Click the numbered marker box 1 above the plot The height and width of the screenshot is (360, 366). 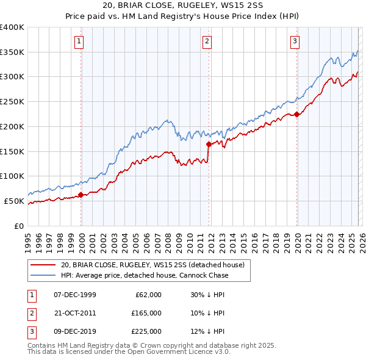pos(79,41)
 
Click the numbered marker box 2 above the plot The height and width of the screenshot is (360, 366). pos(207,41)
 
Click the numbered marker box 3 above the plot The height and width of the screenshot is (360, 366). pos(295,41)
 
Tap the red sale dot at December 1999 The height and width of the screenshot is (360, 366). pos(81,195)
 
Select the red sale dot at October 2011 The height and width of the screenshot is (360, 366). pos(209,144)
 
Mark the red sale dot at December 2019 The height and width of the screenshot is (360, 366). pos(296,114)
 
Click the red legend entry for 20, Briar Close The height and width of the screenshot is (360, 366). pos(152,265)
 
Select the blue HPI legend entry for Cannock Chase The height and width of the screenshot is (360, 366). pos(144,275)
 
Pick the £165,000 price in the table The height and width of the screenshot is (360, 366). pos(146,312)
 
